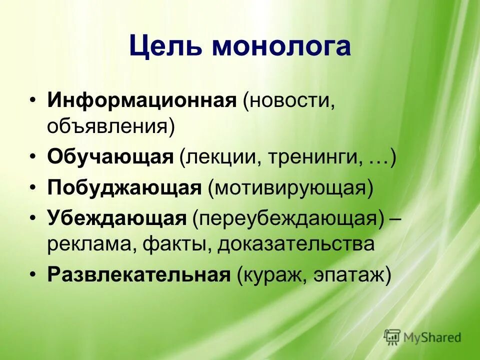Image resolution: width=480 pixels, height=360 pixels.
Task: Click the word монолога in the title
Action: click(281, 46)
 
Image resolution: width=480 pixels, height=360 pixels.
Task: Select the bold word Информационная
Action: click(141, 101)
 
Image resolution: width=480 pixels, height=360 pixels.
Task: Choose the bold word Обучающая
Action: click(110, 157)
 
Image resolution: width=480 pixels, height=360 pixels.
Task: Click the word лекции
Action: click(219, 157)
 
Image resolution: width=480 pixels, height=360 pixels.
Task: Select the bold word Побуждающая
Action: click(124, 188)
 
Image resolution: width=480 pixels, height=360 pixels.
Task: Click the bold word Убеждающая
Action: click(117, 219)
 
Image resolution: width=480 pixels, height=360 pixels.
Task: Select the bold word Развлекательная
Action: click(138, 275)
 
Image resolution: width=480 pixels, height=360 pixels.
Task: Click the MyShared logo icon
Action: click(392, 337)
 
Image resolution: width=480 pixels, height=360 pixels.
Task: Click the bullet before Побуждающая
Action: click(32, 188)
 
